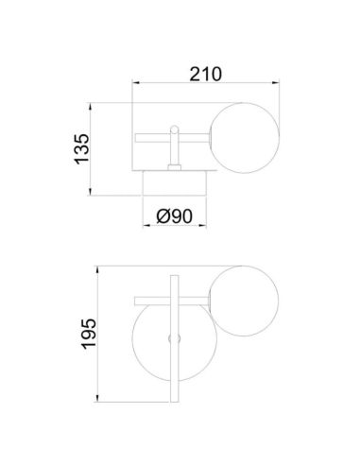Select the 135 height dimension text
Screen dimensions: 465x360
(x=82, y=150)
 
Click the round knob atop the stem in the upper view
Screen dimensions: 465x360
(x=173, y=129)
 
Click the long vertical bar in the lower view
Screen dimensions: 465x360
(x=173, y=340)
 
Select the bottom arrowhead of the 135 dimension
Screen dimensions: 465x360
(x=98, y=194)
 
